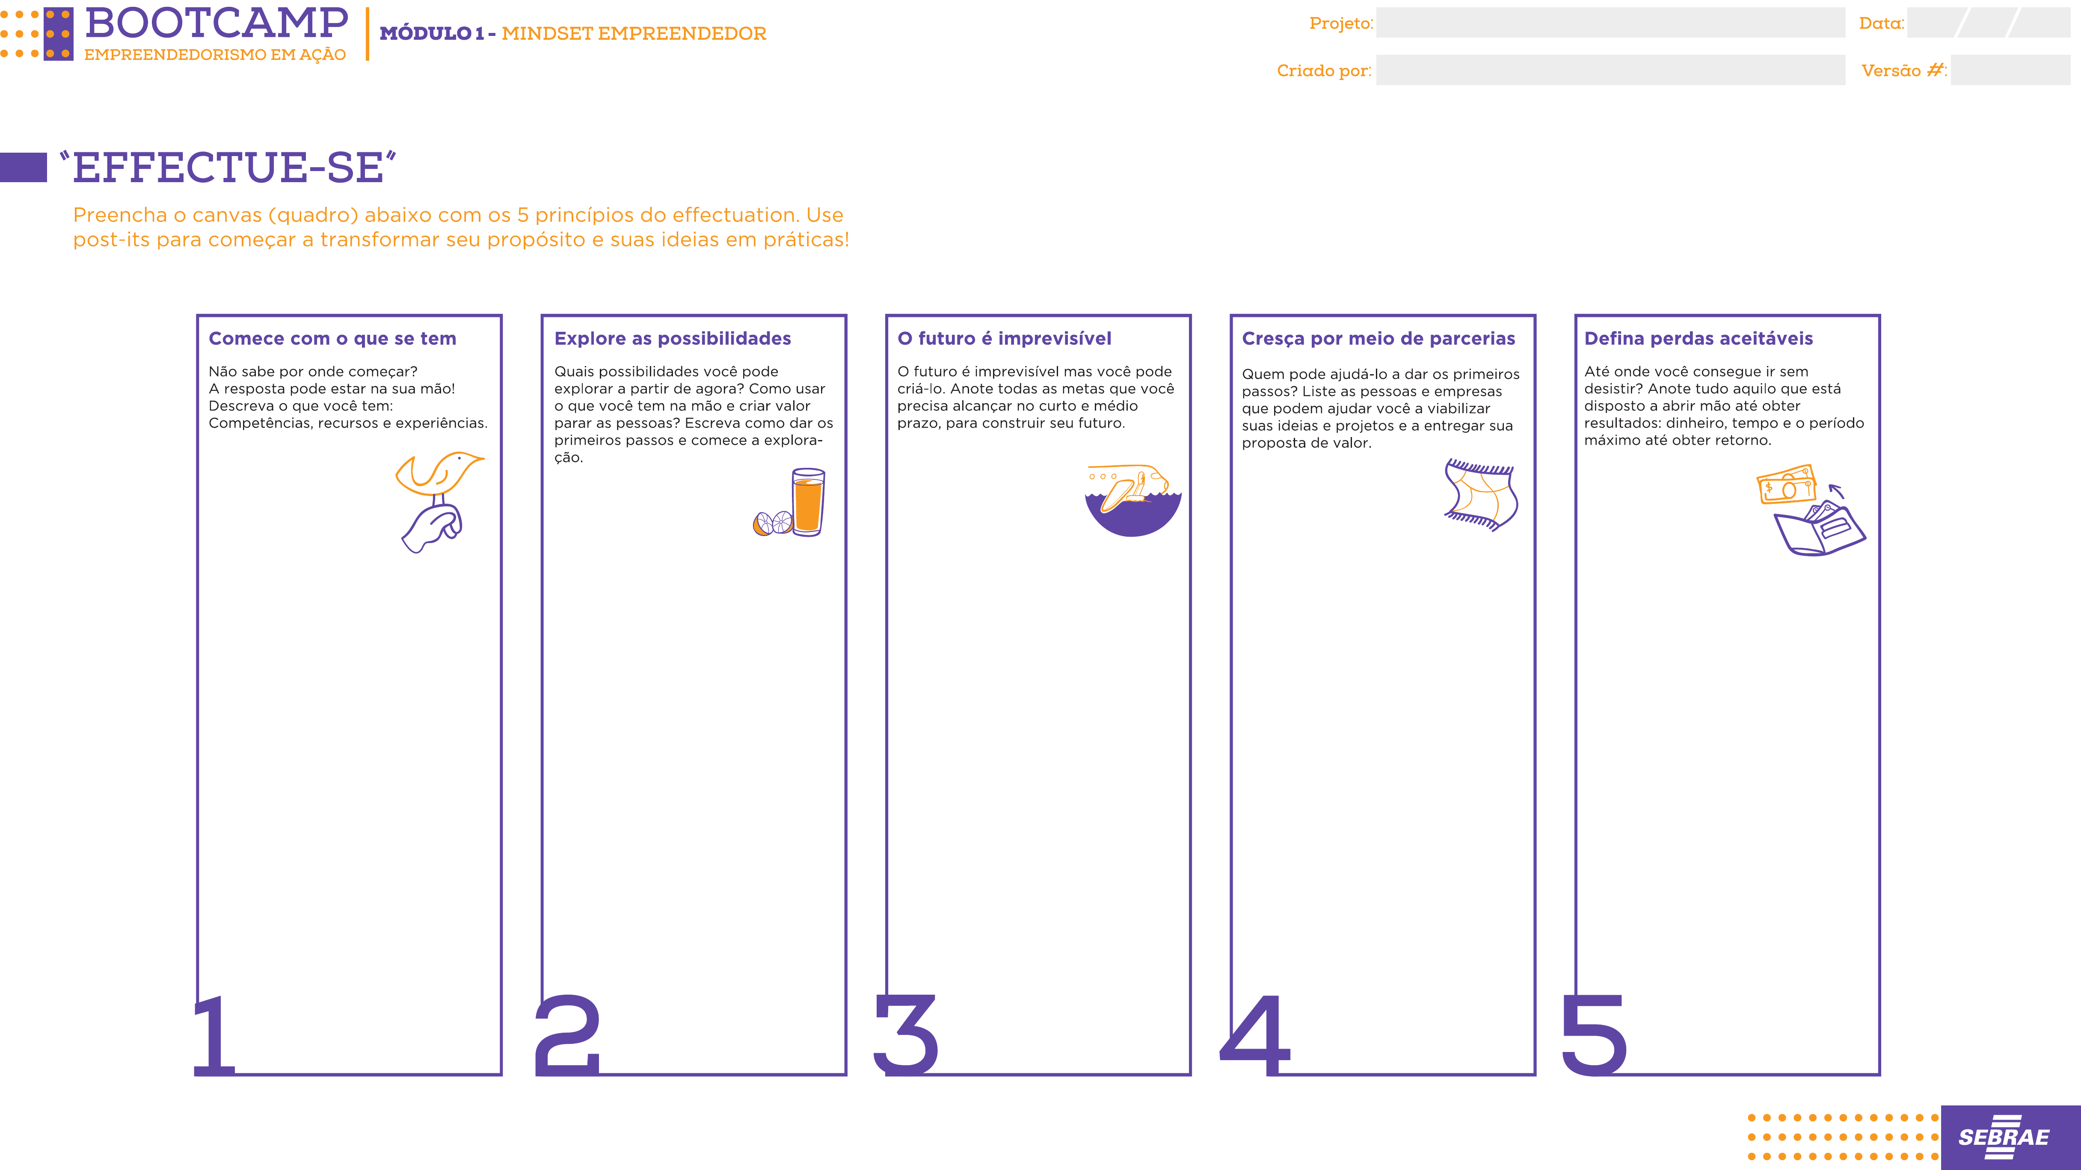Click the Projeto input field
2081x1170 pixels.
coord(1610,23)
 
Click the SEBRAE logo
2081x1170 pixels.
coord(2004,1137)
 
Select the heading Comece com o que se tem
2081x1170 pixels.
coord(332,338)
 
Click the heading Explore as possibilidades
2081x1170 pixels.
coord(672,338)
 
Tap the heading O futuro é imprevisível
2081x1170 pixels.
coord(1004,338)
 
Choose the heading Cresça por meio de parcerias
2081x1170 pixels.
coord(1378,338)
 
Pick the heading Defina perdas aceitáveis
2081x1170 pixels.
coord(1698,338)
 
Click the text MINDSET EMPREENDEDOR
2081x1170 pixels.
coord(634,33)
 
